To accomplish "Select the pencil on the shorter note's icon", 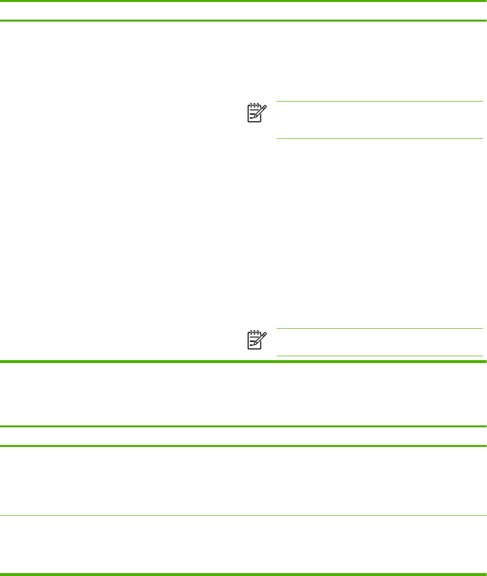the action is tap(260, 338).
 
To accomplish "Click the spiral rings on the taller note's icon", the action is tap(254, 105).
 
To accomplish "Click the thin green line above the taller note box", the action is tap(379, 102).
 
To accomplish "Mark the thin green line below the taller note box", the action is tap(379, 139).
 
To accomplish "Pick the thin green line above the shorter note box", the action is tap(379, 329).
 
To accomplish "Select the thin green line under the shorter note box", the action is tap(379, 356).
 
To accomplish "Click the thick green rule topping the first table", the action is tap(243, 1).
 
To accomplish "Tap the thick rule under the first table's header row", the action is tap(243, 21).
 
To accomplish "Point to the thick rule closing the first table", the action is tap(243, 362).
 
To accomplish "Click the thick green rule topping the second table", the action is tap(243, 426).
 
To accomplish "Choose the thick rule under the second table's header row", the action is tap(243, 446).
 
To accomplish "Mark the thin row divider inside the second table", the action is tap(243, 515).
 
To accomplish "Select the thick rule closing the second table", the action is tap(243, 574).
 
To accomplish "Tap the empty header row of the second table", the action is tap(243, 436).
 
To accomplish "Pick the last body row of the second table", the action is tap(243, 545).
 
